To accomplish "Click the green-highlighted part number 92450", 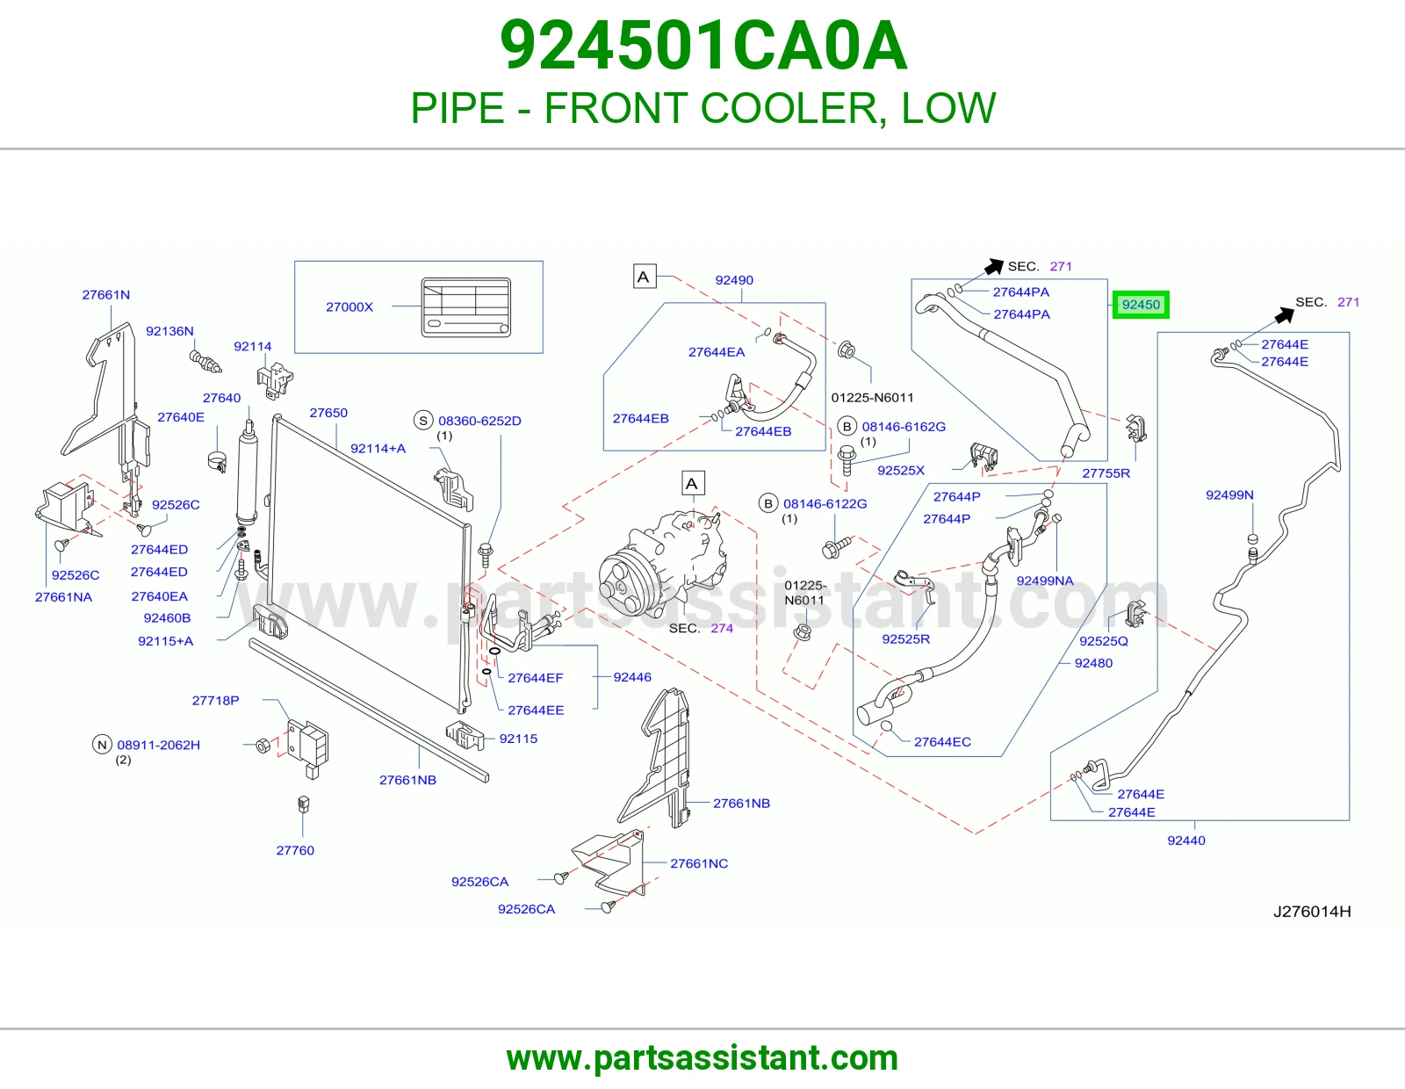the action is point(1141,305).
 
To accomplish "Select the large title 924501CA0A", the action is point(703,46).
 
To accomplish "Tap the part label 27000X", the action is point(349,307).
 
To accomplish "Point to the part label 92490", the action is point(734,280).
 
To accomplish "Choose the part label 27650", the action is point(328,413).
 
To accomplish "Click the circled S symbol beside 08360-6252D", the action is point(423,421).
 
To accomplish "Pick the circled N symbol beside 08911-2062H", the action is point(102,745).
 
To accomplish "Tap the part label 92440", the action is point(1185,840).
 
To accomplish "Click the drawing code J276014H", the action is point(1312,912).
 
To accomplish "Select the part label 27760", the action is point(295,850).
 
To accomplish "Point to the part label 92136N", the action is point(169,331).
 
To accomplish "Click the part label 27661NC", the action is point(699,863).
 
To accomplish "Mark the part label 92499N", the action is point(1229,494).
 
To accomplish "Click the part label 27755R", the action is point(1106,473).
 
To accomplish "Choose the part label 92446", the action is point(632,677).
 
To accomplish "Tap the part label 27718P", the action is point(215,700).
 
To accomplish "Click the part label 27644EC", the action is point(942,742).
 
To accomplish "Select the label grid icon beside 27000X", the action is point(465,307).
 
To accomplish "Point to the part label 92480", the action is point(1093,663).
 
